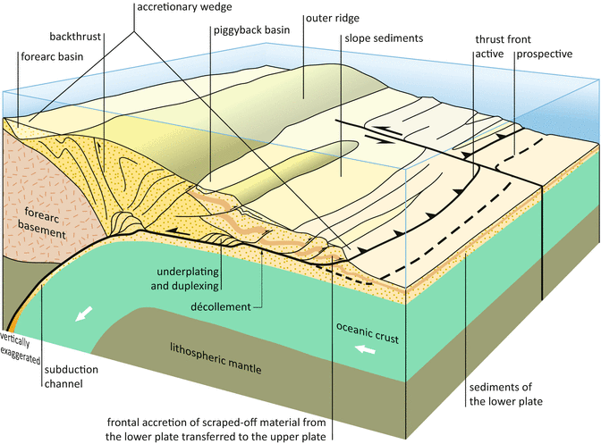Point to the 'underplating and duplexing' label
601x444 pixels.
tap(183, 277)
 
